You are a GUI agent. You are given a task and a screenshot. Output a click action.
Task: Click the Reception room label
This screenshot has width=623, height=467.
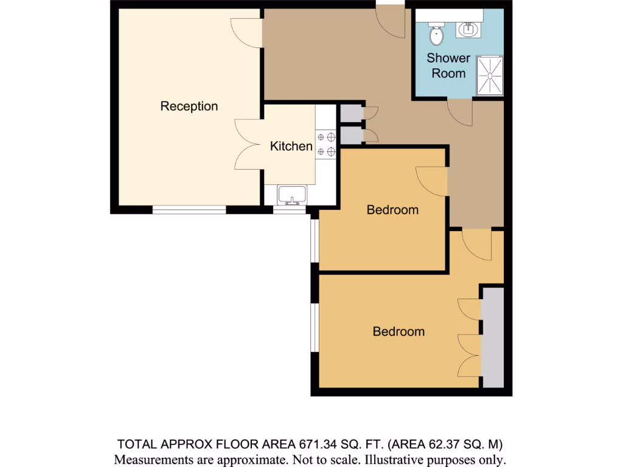point(189,106)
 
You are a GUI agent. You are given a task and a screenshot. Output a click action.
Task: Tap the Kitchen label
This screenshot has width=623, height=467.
point(291,147)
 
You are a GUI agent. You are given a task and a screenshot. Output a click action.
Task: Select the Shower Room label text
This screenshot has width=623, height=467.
point(448,66)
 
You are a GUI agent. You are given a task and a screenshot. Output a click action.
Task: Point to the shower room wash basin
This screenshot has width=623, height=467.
point(469,29)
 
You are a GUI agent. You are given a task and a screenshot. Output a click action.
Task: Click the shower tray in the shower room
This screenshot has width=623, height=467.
point(490,75)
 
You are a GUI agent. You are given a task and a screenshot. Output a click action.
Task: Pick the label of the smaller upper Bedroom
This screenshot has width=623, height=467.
point(392,210)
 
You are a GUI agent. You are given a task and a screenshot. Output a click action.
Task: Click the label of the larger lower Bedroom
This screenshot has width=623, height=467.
point(399,332)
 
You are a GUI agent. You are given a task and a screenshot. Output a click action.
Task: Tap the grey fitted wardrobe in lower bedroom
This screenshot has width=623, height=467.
point(493,337)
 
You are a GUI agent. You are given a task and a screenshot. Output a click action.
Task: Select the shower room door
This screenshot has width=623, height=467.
point(460,112)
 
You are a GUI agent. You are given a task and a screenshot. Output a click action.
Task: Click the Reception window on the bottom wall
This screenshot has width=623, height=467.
point(189,210)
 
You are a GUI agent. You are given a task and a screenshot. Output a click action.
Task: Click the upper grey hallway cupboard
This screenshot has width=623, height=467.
point(351,114)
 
